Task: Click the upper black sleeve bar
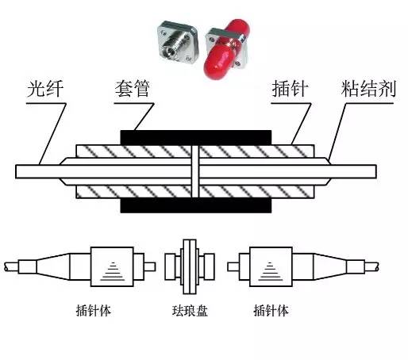pyautogui.click(x=195, y=137)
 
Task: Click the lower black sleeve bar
pyautogui.click(x=195, y=205)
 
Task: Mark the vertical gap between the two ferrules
pyautogui.click(x=194, y=171)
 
